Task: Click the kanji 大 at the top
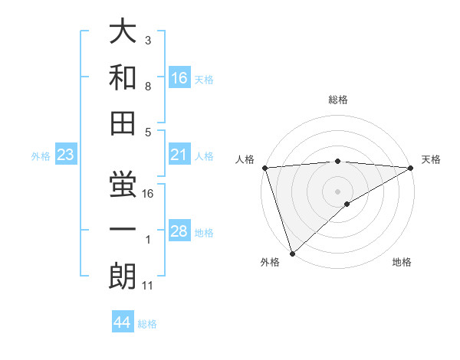tap(123, 33)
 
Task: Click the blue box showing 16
tap(179, 77)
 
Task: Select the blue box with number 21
tap(179, 155)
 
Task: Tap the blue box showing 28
tap(179, 232)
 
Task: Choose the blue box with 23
tap(66, 155)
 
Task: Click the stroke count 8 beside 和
tap(147, 86)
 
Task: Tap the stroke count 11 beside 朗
tap(147, 286)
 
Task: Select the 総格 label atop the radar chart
tap(337, 100)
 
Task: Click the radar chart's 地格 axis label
tap(402, 263)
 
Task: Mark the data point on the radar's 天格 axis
tap(411, 168)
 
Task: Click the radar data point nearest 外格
tap(292, 252)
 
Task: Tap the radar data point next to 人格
tap(264, 168)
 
